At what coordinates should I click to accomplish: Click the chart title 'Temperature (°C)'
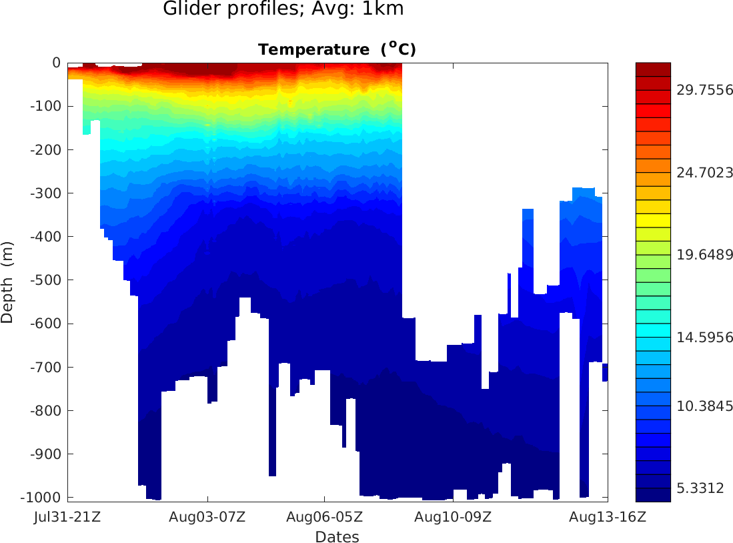pos(337,49)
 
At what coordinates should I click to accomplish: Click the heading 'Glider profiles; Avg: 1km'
pos(283,9)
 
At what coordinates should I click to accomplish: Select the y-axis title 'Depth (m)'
pos(7,280)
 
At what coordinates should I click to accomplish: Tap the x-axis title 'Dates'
pos(337,537)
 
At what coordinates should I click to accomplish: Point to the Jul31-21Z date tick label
pos(67,516)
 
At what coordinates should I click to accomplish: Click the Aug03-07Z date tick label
pos(207,516)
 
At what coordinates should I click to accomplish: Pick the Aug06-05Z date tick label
pos(324,516)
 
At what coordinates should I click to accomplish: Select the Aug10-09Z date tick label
pos(453,516)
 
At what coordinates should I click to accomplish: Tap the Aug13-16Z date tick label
pos(607,516)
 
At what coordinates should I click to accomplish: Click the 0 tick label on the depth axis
pos(56,63)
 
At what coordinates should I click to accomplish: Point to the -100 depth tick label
pos(46,106)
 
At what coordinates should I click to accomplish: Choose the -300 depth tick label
pos(46,193)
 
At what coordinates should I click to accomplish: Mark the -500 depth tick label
pos(46,280)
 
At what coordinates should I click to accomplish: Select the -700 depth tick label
pos(46,367)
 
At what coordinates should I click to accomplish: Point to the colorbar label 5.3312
pos(700,488)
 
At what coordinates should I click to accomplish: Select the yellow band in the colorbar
pos(653,220)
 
